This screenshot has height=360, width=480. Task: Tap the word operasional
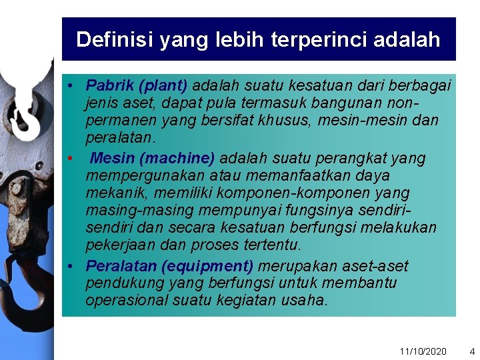pyautogui.click(x=127, y=300)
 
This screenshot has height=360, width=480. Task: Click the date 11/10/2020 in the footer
pyautogui.click(x=423, y=351)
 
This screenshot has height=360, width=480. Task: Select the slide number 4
pyautogui.click(x=472, y=351)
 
